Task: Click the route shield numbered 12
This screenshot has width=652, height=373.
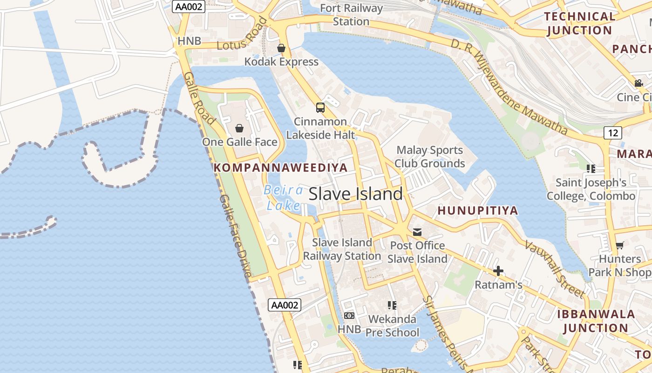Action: tap(613, 133)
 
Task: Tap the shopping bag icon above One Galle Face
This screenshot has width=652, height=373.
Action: tap(239, 128)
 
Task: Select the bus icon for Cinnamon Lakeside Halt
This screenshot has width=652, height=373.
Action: tap(320, 108)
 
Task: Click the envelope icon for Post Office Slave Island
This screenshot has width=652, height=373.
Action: tap(417, 232)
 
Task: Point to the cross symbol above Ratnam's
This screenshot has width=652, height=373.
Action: tap(498, 271)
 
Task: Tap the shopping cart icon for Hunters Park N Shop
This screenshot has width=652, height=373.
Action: tap(619, 245)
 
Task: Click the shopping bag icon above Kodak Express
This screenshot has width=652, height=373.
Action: tap(281, 48)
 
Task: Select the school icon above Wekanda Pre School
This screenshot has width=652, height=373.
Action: tap(392, 305)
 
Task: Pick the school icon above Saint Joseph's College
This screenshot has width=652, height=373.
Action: tap(591, 168)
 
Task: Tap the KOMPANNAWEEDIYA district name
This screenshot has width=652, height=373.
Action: tap(281, 168)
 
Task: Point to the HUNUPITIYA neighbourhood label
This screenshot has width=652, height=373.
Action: tap(478, 211)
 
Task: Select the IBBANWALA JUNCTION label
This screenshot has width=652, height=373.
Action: tap(596, 321)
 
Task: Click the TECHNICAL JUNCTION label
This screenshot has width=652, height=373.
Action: tap(580, 23)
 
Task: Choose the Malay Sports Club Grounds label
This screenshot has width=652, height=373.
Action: tap(430, 157)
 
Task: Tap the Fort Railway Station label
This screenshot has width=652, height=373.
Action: tap(352, 15)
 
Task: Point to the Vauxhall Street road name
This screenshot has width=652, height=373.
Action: tap(555, 269)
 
